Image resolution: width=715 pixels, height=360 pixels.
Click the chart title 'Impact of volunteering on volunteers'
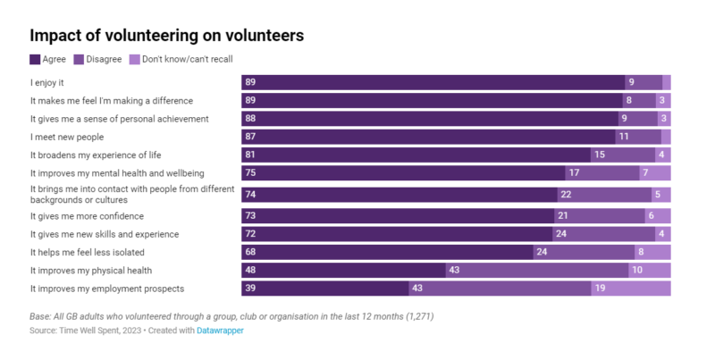(167, 36)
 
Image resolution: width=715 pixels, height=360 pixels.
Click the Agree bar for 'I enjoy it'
(433, 82)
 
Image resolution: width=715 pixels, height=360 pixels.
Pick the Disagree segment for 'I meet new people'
(637, 137)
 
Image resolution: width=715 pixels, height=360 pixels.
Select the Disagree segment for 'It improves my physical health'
(536, 270)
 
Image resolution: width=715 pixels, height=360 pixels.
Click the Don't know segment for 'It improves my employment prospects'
(630, 289)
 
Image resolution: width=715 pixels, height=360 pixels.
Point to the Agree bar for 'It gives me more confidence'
(398, 216)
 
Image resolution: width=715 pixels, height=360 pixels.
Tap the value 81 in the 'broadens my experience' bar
(250, 155)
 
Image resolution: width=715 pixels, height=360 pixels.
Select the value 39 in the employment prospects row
(250, 289)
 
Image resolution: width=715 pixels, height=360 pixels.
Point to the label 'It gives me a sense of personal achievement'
(120, 118)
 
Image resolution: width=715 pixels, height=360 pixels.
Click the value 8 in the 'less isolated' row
(640, 252)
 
